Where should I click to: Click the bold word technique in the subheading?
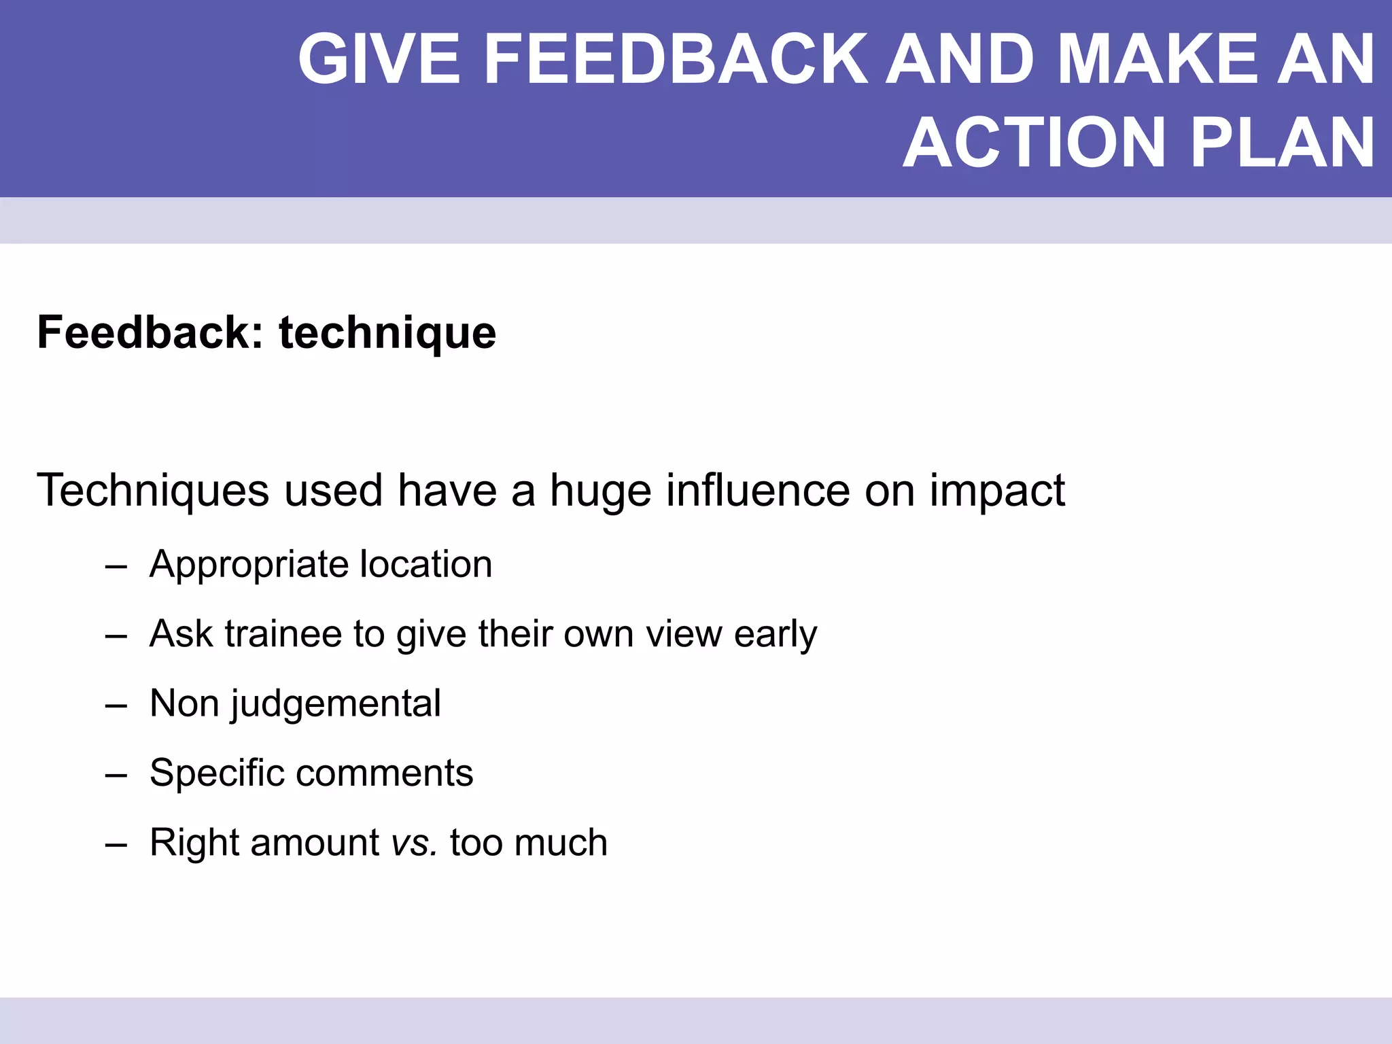[387, 333]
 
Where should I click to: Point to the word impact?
[997, 491]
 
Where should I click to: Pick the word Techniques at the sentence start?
[153, 490]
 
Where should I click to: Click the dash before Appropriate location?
[116, 565]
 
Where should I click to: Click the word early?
[776, 635]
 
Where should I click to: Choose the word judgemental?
[336, 704]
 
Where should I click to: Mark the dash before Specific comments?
[116, 774]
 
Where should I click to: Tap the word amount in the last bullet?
[315, 843]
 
